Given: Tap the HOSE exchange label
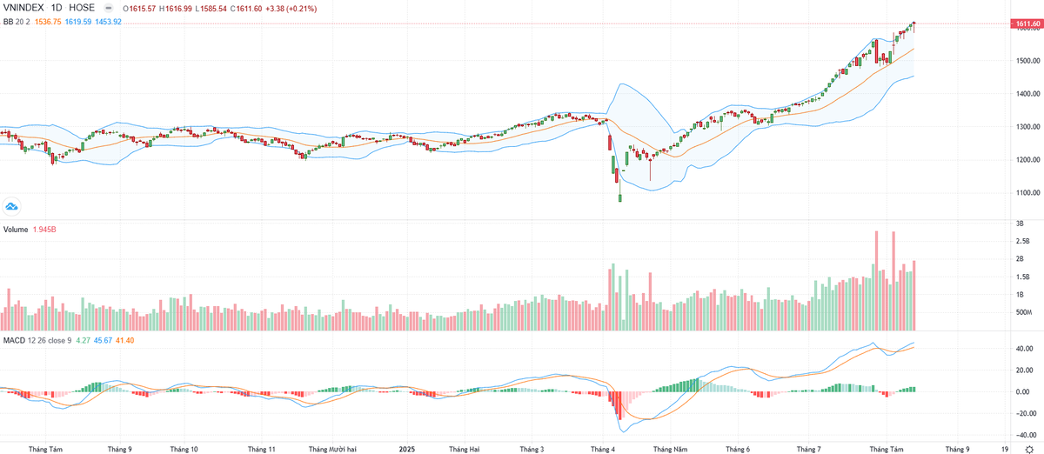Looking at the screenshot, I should pos(84,8).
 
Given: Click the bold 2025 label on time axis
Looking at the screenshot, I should pos(407,450).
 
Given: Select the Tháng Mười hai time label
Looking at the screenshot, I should pos(333,450).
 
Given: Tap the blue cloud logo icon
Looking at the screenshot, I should pos(11,206).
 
